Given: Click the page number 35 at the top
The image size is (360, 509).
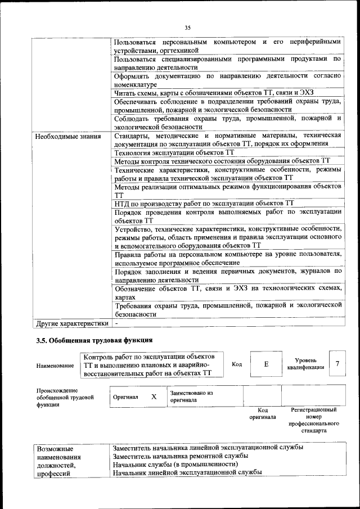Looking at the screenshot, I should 187,27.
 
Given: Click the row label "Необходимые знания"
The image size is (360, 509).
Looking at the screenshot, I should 68,136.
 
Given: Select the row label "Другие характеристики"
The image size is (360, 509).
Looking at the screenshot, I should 71,324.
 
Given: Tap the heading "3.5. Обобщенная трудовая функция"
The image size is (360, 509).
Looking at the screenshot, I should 94,340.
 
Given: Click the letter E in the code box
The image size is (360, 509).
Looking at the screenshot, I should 265,364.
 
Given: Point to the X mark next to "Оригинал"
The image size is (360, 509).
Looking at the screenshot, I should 154,397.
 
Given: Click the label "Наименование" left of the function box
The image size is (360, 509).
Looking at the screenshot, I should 55,366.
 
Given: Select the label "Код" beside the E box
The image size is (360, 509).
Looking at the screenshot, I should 237,364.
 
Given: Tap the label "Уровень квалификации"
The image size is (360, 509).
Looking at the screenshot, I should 305,363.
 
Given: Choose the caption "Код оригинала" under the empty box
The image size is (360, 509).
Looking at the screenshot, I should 263,413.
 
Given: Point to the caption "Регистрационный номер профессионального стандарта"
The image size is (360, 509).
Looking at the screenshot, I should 313,422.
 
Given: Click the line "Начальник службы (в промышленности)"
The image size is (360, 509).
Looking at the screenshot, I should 175,465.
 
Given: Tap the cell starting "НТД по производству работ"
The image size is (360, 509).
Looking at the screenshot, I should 204,203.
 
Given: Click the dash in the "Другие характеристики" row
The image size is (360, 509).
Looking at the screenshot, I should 116,324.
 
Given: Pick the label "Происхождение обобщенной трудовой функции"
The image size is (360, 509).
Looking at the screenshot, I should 57,397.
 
